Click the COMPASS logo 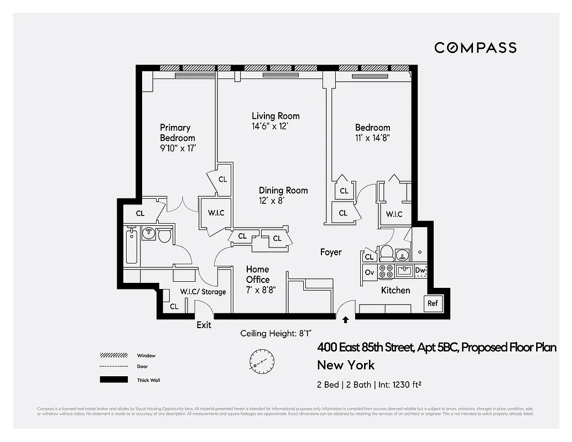click(475, 48)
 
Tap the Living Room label click(275, 116)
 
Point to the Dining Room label click(283, 191)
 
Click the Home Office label click(258, 275)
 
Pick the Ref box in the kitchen click(433, 303)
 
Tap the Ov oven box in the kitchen click(369, 272)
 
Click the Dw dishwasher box click(420, 271)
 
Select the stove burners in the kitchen click(386, 272)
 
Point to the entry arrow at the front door click(346, 319)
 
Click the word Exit click(204, 325)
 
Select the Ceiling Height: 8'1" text click(276, 334)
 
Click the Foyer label click(331, 252)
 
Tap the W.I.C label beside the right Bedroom click(394, 214)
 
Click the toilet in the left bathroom click(164, 235)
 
